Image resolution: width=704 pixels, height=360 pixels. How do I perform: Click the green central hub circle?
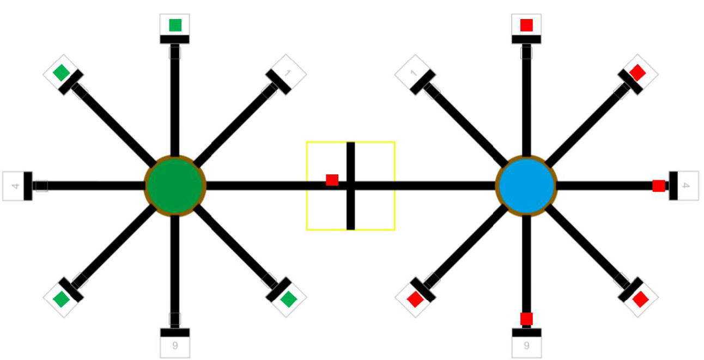point(175,186)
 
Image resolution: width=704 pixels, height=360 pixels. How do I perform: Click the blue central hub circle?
point(526,186)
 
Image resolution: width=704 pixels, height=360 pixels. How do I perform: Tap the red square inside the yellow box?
point(332,180)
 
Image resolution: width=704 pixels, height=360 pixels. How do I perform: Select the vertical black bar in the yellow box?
point(351,186)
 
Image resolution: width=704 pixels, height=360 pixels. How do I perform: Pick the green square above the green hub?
point(175,25)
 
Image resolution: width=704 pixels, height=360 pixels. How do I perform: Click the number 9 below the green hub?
point(175,345)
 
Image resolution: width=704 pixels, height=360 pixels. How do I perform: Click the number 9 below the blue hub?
point(527,345)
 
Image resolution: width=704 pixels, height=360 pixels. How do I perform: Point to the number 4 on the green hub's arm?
point(15,186)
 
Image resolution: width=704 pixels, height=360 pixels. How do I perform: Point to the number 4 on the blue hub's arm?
point(686,186)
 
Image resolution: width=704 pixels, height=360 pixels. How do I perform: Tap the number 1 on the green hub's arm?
point(287,73)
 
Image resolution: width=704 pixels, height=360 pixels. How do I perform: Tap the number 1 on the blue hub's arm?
point(414,73)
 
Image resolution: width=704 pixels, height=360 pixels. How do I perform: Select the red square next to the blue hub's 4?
point(659,186)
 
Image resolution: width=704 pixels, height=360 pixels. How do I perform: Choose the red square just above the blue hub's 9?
point(526,319)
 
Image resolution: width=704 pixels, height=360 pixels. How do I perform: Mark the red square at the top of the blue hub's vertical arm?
point(526,25)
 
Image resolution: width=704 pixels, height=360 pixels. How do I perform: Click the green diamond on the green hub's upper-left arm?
point(61,72)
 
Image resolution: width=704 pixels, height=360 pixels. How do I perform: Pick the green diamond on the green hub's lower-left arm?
point(61,300)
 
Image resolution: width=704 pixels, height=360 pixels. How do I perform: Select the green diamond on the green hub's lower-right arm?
point(288,300)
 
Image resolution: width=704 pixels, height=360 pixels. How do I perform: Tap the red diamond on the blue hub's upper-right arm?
point(638,72)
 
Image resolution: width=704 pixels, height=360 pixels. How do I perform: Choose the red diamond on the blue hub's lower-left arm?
point(416,300)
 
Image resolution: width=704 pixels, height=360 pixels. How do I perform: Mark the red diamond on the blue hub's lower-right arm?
point(640,300)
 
